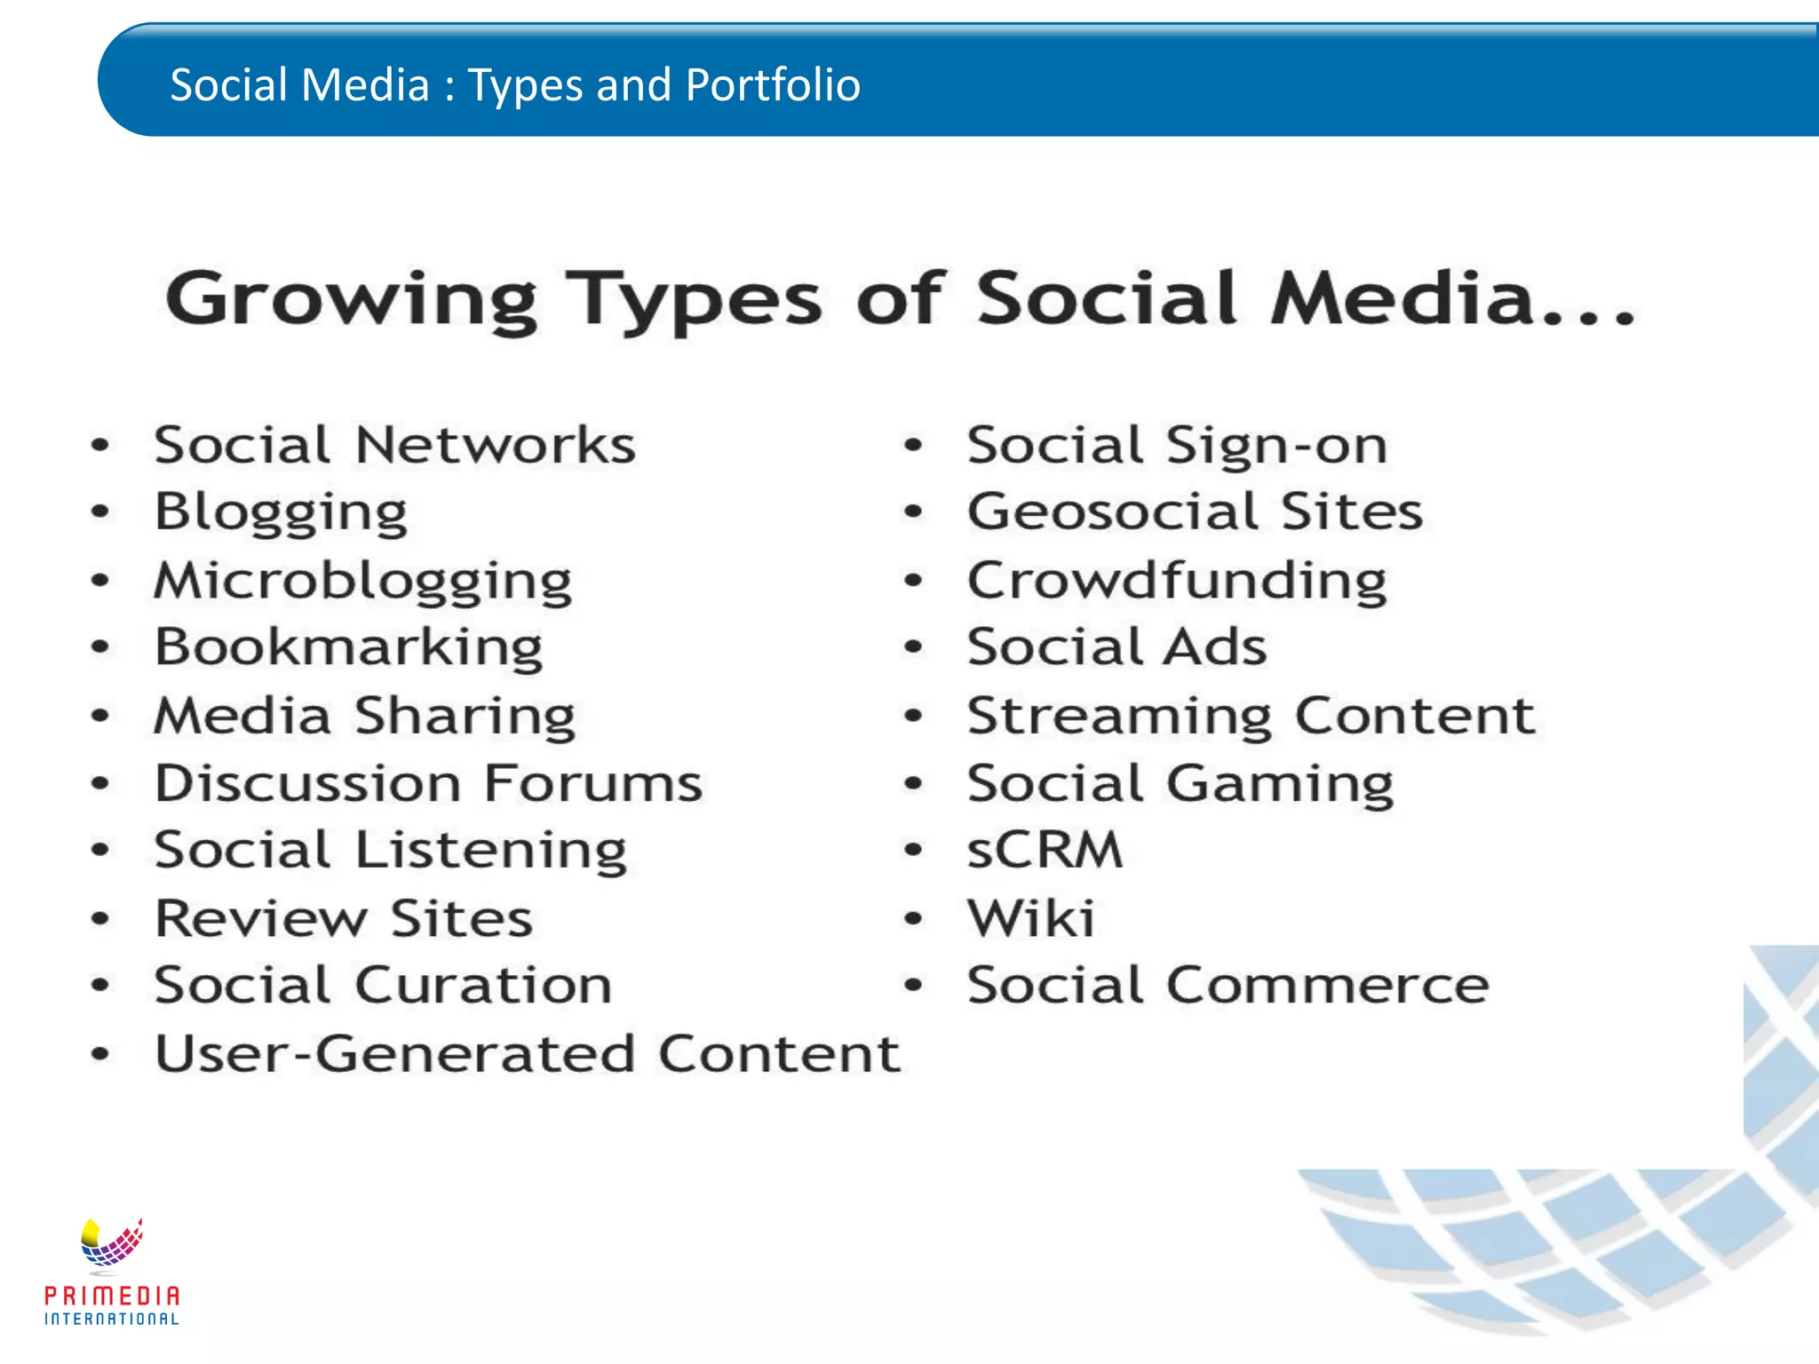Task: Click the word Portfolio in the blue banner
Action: point(773,85)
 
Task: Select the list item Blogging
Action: point(281,512)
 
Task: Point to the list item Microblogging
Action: point(362,581)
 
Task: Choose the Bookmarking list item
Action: point(348,647)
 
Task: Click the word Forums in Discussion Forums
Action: point(593,783)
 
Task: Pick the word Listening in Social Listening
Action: point(491,851)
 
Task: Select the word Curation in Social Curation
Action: point(484,985)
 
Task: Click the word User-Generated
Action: point(395,1054)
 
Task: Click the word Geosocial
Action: point(1113,511)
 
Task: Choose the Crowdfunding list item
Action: point(1177,581)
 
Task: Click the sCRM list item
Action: point(1045,850)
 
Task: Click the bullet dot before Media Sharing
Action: point(100,715)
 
